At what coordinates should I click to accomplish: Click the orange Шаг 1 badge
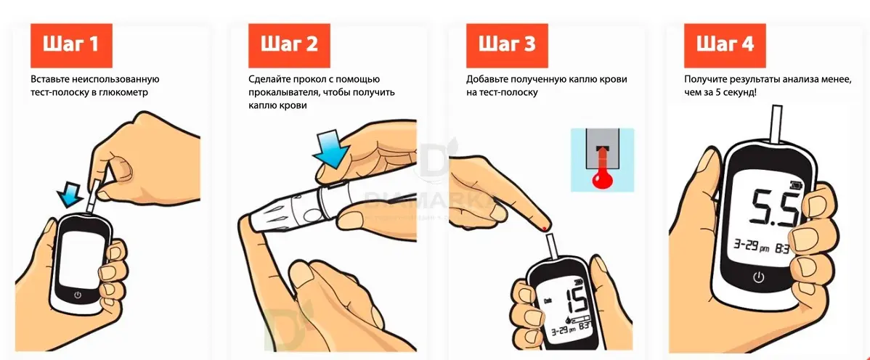(x=70, y=45)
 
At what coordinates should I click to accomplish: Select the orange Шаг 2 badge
(x=288, y=45)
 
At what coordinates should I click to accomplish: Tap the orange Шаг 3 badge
(x=506, y=45)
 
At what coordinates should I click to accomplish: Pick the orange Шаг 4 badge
(x=724, y=45)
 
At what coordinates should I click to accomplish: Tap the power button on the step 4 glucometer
(x=758, y=277)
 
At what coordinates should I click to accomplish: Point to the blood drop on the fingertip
(x=545, y=230)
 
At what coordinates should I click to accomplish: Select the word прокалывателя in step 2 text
(x=285, y=93)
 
